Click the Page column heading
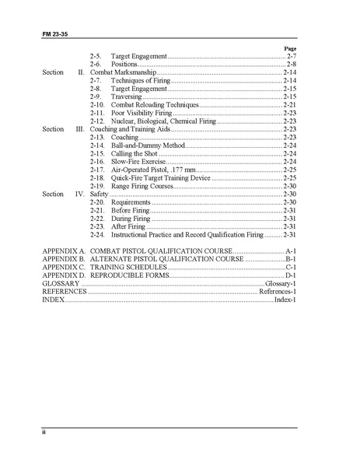pyautogui.click(x=290, y=48)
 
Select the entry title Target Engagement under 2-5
pyautogui.click(x=139, y=57)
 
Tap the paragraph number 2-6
pyautogui.click(x=96, y=65)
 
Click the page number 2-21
pyautogui.click(x=289, y=105)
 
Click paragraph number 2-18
pyautogui.click(x=97, y=177)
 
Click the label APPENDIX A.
pyautogui.click(x=64, y=251)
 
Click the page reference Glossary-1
pyautogui.click(x=280, y=284)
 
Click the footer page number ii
pyautogui.click(x=44, y=433)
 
